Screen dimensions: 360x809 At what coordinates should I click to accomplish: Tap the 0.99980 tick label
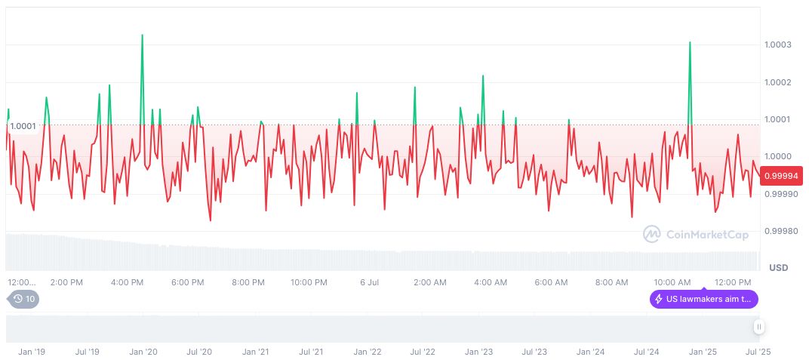[x=781, y=231]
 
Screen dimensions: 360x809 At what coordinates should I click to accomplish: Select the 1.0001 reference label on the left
[x=23, y=125]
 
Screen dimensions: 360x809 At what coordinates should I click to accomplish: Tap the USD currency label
[x=778, y=268]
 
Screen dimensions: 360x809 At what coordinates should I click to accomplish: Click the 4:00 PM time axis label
[x=127, y=282]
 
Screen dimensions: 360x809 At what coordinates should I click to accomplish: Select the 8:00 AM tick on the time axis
[x=611, y=282]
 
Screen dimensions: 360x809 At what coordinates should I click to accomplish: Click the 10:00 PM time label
[x=309, y=282]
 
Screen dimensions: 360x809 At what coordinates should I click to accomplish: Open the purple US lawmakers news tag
[x=703, y=299]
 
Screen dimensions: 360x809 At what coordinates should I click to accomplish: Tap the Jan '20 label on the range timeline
[x=143, y=352]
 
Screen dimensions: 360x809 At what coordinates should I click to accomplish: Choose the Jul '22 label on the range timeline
[x=423, y=352]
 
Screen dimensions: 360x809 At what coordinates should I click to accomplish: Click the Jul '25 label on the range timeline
[x=758, y=352]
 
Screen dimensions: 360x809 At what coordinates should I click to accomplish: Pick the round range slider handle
[x=758, y=327]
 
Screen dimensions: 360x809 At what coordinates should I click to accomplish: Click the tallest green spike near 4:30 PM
[x=142, y=35]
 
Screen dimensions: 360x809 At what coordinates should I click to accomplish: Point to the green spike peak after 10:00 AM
[x=690, y=42]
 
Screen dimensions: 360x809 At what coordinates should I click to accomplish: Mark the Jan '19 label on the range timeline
[x=32, y=352]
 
